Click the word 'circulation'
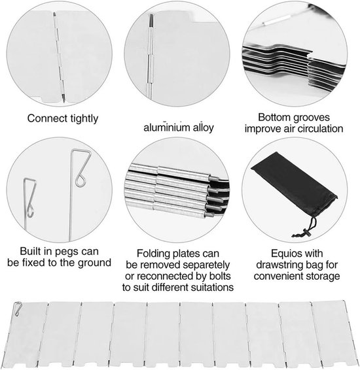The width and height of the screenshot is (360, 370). pos(320,129)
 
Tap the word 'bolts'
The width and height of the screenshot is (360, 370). pos(220,276)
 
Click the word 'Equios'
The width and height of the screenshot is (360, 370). pos(283,254)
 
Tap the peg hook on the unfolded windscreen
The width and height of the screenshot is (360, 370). pos(18,309)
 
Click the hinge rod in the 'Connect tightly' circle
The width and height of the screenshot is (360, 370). pos(59,58)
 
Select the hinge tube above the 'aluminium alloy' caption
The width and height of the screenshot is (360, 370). pos(151,57)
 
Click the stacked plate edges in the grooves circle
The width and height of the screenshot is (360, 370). pos(293,63)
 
